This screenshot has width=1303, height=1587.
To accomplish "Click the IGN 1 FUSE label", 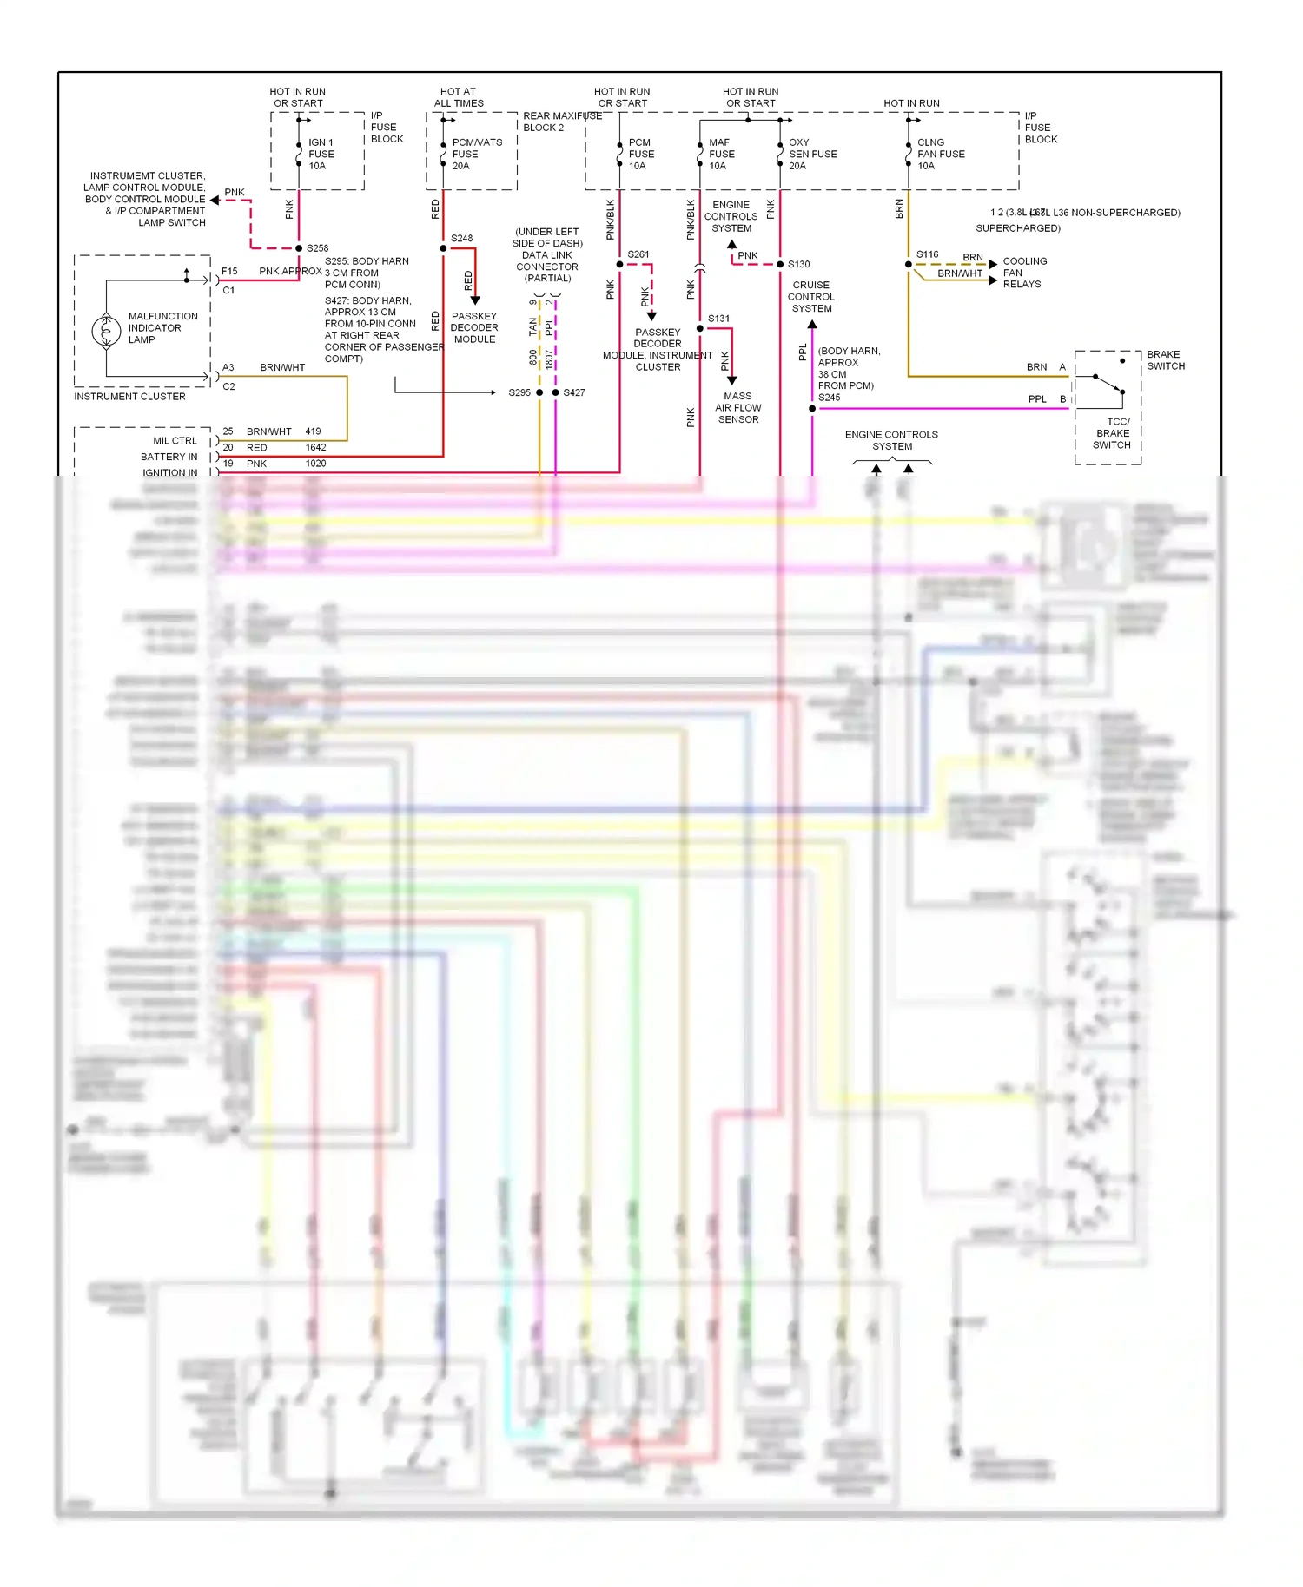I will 321,154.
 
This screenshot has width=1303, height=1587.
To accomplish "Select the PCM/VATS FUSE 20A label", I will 476,154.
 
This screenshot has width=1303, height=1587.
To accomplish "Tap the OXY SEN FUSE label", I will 812,154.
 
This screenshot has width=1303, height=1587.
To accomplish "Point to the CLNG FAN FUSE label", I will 940,154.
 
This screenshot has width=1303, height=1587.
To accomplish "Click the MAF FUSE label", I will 721,154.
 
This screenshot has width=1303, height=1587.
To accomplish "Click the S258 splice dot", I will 299,248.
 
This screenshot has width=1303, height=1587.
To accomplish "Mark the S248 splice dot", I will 443,248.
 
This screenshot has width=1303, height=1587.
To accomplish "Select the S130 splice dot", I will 780,264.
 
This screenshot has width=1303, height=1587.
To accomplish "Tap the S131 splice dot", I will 700,328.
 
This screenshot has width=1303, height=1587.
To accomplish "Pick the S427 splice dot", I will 556,392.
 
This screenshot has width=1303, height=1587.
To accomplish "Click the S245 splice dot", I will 812,408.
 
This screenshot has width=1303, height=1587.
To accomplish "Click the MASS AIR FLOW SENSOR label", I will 737,407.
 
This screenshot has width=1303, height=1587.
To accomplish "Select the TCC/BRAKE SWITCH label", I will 1112,433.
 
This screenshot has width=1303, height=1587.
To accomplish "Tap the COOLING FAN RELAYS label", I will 1024,273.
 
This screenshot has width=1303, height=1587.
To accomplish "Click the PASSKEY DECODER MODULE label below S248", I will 474,328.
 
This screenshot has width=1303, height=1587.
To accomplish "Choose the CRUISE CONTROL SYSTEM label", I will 811,297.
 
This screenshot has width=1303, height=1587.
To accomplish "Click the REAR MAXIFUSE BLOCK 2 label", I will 561,122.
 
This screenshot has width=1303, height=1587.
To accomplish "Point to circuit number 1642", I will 315,448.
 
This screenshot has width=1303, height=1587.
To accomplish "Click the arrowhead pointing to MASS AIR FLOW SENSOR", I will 732,380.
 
